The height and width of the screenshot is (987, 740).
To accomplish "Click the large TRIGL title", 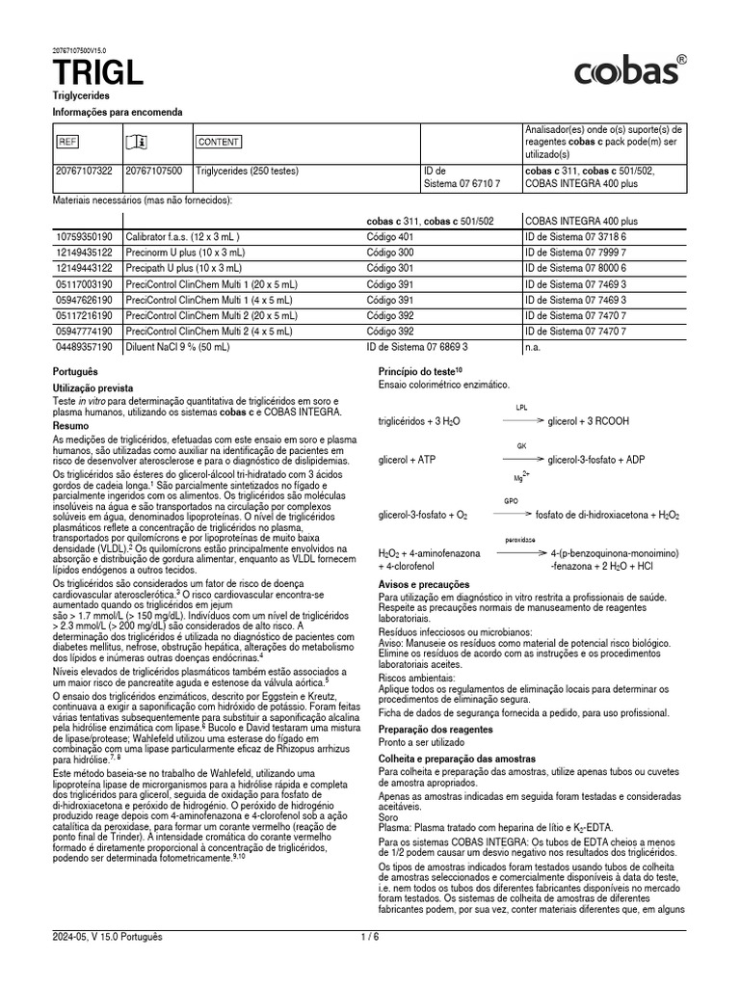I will coord(98,71).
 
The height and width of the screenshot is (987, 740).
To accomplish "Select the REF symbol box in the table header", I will coord(67,142).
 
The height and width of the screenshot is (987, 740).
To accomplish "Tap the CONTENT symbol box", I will coord(219,142).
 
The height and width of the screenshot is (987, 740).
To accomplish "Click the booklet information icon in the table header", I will coord(137,142).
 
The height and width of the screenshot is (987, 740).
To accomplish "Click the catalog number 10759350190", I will coord(84,236).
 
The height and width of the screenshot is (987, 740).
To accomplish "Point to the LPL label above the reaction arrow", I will coord(521,408).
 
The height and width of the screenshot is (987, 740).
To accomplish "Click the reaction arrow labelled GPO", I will coord(512,515).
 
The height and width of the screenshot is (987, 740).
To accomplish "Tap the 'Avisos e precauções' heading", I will coord(424,584).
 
